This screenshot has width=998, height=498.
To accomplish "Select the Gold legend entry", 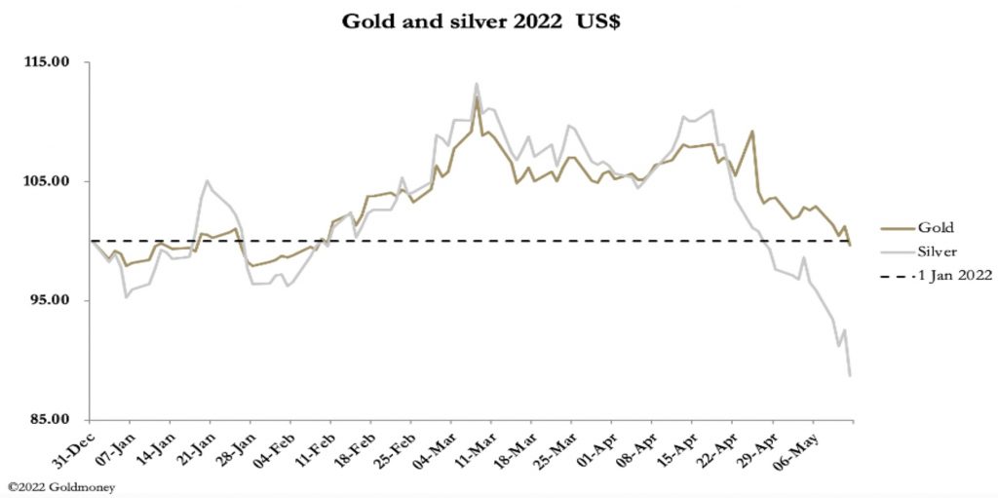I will (935, 226).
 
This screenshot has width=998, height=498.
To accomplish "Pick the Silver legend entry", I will (938, 251).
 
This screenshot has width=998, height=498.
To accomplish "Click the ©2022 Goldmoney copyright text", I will (60, 486).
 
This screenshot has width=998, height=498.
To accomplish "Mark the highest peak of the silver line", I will (477, 84).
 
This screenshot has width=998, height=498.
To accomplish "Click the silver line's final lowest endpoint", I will (851, 375).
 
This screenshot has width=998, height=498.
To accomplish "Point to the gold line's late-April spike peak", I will (751, 131).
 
